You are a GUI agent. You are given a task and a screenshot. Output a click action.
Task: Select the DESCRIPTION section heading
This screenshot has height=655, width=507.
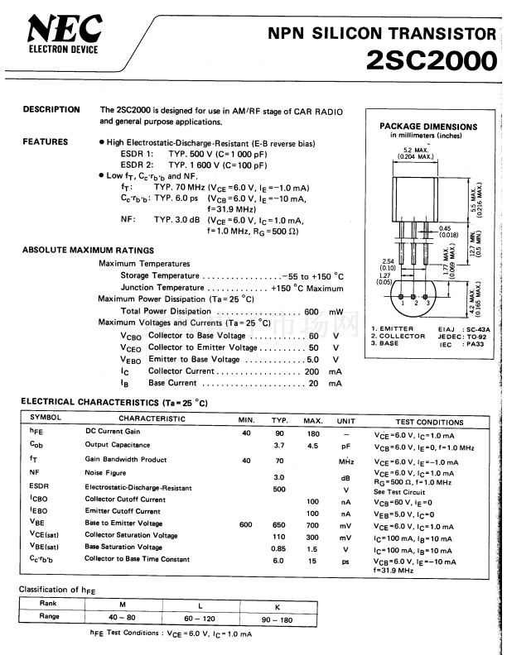51,110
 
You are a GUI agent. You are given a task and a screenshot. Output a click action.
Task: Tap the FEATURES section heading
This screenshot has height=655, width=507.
46,142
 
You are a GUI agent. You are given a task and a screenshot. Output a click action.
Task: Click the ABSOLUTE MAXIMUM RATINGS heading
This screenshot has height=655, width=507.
88,250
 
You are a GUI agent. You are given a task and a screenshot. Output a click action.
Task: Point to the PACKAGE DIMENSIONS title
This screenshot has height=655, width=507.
428,127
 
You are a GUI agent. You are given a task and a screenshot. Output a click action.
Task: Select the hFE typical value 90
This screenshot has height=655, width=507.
279,433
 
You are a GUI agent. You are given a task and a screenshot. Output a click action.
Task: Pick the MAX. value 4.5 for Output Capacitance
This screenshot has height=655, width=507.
312,446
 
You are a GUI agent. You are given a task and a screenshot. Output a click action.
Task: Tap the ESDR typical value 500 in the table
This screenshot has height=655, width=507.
279,487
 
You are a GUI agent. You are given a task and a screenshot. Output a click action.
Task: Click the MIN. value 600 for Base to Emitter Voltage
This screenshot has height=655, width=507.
246,524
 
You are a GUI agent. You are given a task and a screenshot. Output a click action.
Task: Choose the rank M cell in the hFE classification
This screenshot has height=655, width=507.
122,603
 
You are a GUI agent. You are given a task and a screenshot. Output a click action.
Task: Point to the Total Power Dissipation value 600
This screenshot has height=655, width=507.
311,311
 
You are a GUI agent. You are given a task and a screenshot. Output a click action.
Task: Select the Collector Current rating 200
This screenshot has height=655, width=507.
311,371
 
